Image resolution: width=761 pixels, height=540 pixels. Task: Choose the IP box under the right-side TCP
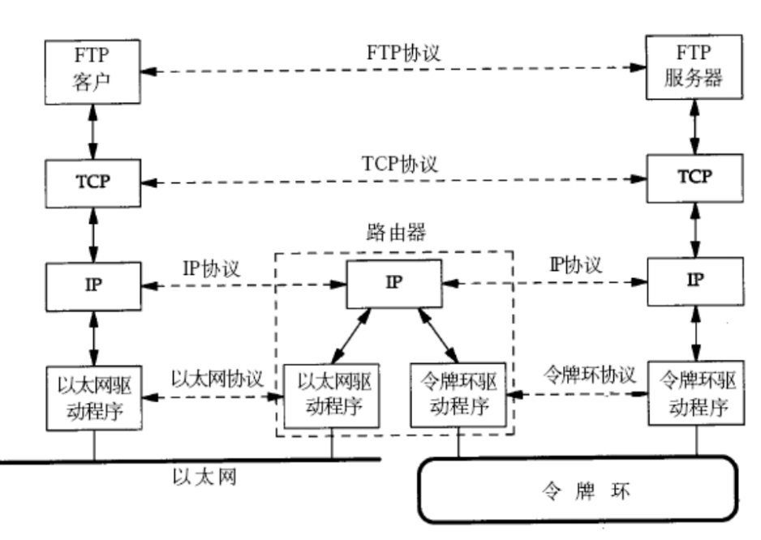click(694, 281)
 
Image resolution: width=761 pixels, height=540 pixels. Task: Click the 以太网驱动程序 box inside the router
click(331, 394)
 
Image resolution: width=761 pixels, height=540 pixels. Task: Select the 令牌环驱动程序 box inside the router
click(460, 394)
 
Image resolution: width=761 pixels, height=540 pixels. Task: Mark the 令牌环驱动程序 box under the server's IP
click(694, 394)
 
